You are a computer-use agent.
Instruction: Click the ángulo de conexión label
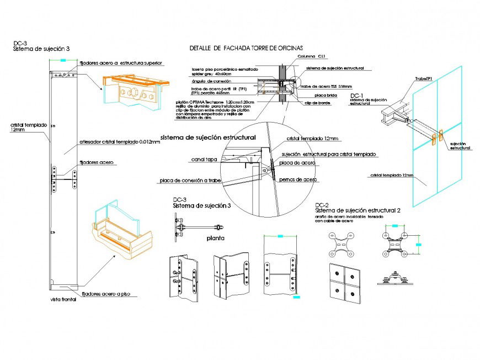point(207,81)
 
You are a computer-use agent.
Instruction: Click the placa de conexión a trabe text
point(190,181)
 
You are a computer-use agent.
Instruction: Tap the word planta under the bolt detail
point(215,239)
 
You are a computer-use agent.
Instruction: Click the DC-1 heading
point(356,96)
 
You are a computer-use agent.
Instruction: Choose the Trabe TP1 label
point(423,79)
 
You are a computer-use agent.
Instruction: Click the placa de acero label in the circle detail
point(294,163)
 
